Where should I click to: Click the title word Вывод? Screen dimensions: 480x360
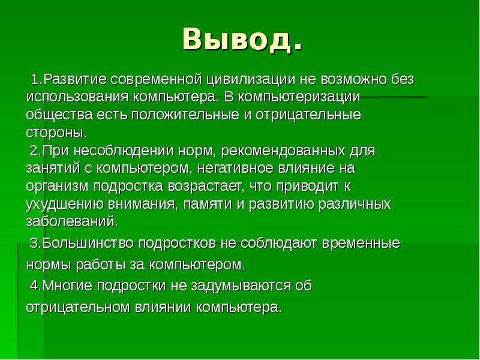coord(242,39)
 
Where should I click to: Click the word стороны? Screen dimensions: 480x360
coord(56,133)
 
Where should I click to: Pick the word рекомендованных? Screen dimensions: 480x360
coord(283,151)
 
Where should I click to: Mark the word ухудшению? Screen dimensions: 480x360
coord(65,204)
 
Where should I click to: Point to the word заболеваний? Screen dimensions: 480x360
coord(72,221)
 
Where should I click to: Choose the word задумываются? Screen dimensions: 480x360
coord(241,286)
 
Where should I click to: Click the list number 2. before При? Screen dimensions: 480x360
coord(35,151)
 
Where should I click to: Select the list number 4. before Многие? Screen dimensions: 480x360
coord(35,286)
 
